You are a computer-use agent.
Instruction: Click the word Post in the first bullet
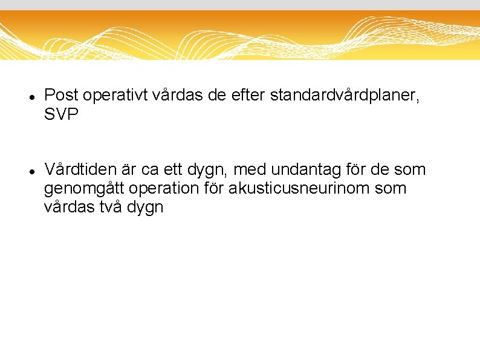(x=62, y=95)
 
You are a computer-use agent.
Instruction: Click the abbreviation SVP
(x=62, y=114)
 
